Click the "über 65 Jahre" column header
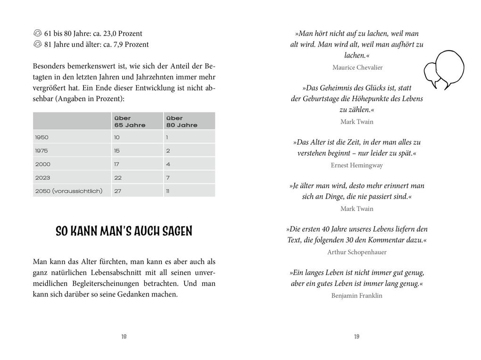(130, 121)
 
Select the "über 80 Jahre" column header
(182, 121)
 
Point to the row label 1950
(41, 137)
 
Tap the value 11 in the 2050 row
(168, 191)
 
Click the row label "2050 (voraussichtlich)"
(68, 191)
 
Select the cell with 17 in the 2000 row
(117, 164)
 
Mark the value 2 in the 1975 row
(168, 151)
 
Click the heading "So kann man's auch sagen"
(124, 231)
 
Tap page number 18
(124, 336)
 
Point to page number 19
(357, 336)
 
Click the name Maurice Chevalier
(357, 67)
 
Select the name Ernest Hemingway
(357, 166)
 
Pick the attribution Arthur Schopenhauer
(357, 252)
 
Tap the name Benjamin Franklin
(357, 296)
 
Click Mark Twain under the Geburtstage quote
(357, 122)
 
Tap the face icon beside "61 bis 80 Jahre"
(38, 33)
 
